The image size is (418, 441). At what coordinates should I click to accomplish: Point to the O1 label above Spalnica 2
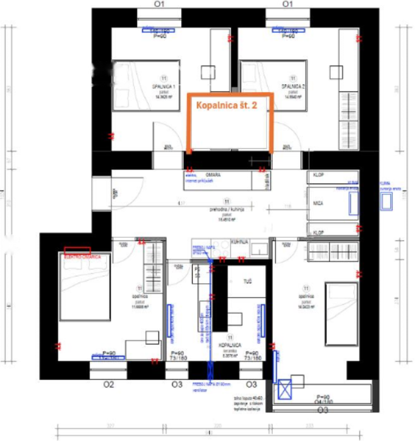point(287,4)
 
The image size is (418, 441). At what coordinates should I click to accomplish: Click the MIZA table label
point(318,204)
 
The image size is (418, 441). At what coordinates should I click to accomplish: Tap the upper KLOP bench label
point(318,174)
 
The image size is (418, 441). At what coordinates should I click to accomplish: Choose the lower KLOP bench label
point(318,231)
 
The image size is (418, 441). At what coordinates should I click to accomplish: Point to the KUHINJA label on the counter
point(239,241)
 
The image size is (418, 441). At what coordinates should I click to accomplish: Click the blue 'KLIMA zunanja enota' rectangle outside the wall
point(385,201)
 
